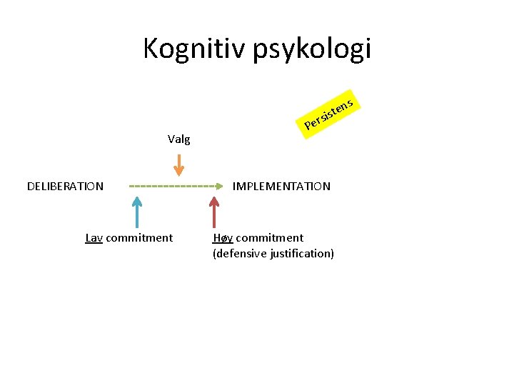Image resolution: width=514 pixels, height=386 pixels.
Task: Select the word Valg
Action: pyautogui.click(x=178, y=139)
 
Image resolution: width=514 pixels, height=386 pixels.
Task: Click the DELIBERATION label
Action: pyautogui.click(x=65, y=187)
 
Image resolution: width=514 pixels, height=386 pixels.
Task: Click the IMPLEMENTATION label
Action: pyautogui.click(x=281, y=187)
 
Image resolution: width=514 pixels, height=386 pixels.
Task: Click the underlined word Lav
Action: pyautogui.click(x=94, y=238)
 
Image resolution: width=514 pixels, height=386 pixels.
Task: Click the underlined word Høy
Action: pyautogui.click(x=223, y=238)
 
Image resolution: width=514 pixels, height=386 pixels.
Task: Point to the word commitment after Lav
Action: pyautogui.click(x=139, y=238)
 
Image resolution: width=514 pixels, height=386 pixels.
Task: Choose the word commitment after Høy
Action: pyautogui.click(x=270, y=238)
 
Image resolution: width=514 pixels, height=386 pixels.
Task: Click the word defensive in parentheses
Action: pyautogui.click(x=240, y=254)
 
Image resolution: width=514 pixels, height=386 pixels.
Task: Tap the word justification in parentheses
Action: pyautogui.click(x=302, y=254)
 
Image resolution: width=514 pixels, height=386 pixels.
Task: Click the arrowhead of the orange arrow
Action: pyautogui.click(x=179, y=171)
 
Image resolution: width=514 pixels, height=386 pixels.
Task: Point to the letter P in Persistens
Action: pyautogui.click(x=308, y=128)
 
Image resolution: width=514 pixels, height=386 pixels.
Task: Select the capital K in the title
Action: pyautogui.click(x=150, y=49)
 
